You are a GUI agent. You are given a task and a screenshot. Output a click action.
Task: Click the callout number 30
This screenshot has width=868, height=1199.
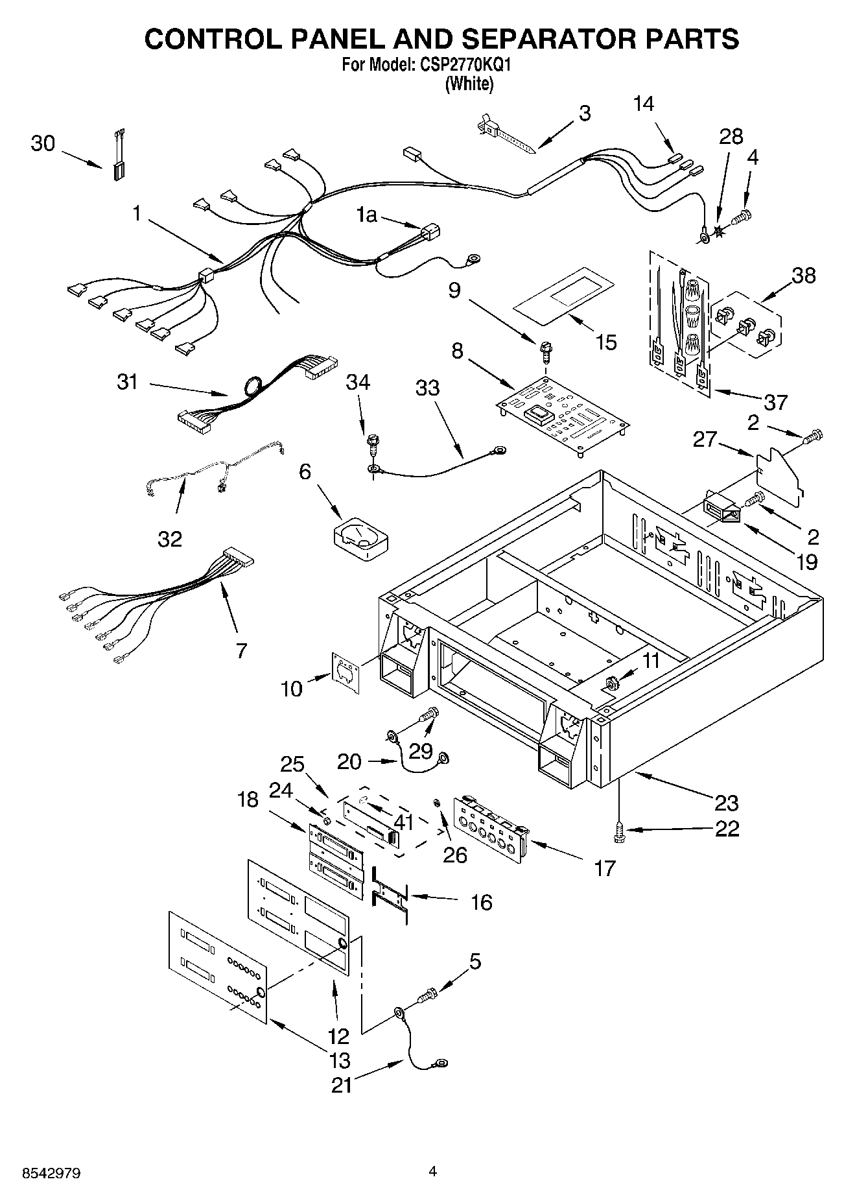click(x=43, y=143)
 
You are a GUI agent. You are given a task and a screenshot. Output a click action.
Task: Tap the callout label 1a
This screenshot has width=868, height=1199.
click(x=366, y=215)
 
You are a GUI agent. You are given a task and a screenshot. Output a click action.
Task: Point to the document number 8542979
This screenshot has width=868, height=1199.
click(x=43, y=1173)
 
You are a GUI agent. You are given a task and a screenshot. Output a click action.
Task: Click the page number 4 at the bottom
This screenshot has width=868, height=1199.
click(x=433, y=1172)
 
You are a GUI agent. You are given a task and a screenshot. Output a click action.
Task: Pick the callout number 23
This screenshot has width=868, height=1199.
click(x=726, y=803)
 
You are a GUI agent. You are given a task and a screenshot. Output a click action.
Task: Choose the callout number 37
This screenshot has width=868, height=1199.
click(x=775, y=402)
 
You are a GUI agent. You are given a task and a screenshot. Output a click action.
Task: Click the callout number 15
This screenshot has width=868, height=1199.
click(x=606, y=342)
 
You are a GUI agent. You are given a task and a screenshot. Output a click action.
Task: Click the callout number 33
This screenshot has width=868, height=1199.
click(x=427, y=388)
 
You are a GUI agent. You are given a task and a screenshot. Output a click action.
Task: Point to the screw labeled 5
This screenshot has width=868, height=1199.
click(x=428, y=994)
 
